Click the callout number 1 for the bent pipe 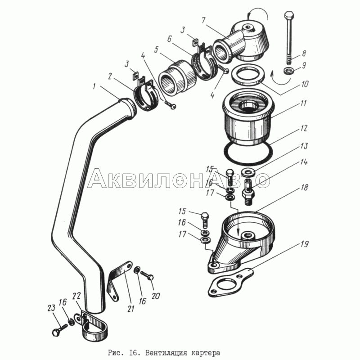click(94, 87)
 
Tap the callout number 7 click(203, 20)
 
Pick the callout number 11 click(303, 103)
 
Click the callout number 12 click(303, 128)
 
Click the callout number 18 click(304, 188)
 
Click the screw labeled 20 click(147, 275)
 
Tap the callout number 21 click(130, 309)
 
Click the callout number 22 click(76, 296)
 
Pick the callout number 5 click(156, 49)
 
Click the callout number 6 click(169, 39)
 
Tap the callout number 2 click(110, 76)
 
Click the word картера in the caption click(206, 352)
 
